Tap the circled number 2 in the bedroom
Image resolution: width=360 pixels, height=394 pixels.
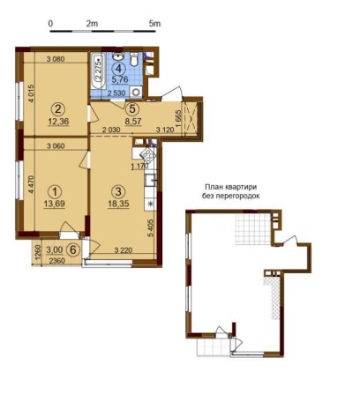pos(57,109)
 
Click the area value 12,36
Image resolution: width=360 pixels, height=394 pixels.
pos(57,123)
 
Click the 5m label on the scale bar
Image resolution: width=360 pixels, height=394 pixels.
pos(154,24)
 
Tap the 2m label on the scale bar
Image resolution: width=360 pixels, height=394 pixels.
pos(92,24)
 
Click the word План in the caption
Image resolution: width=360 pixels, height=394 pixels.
pos(214,188)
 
